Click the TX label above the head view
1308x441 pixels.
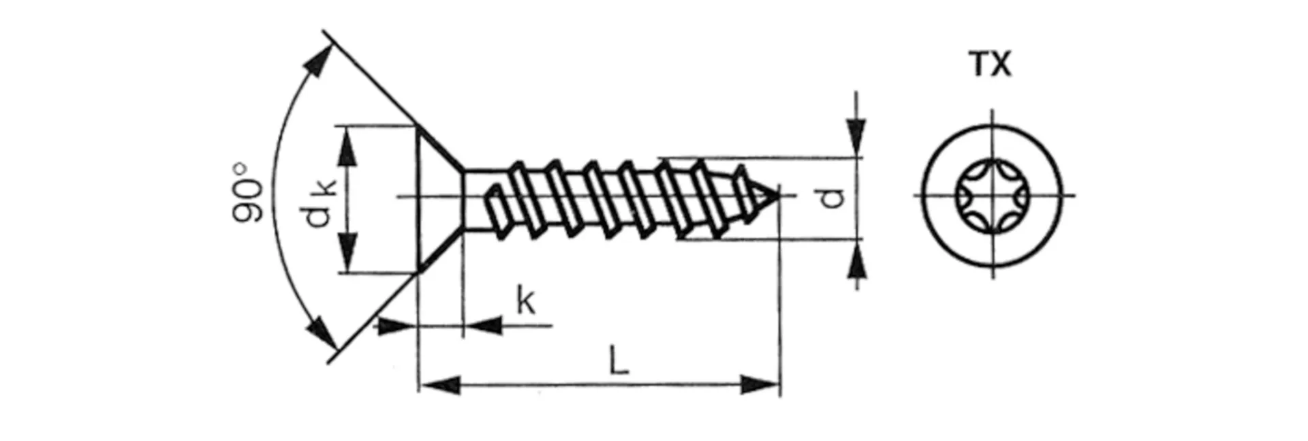991,65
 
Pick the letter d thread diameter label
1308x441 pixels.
832,198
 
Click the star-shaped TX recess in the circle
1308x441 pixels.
992,196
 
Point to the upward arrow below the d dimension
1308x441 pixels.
856,261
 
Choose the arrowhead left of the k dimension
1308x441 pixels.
395,326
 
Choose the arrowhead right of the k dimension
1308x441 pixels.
485,326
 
